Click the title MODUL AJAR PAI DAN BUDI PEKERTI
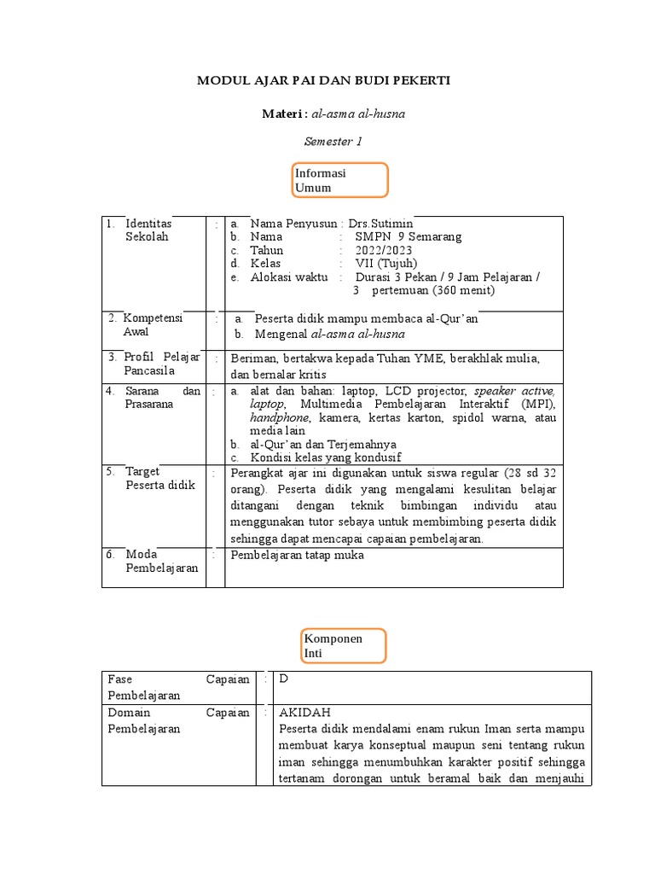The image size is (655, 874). pyautogui.click(x=323, y=81)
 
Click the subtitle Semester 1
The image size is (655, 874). pyautogui.click(x=333, y=142)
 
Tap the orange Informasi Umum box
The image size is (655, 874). pyautogui.click(x=340, y=180)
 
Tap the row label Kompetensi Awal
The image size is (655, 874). pyautogui.click(x=153, y=324)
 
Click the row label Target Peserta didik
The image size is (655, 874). pyautogui.click(x=160, y=478)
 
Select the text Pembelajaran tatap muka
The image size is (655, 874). pyautogui.click(x=298, y=555)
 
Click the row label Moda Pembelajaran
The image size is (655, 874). pyautogui.click(x=161, y=561)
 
